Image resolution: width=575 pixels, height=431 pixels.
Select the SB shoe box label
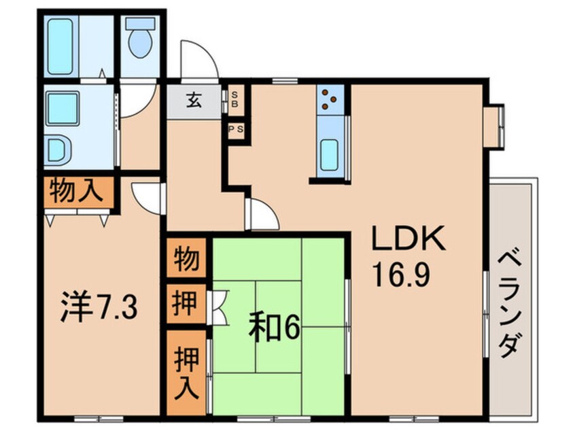point(234,99)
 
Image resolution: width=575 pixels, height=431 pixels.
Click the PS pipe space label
point(236,129)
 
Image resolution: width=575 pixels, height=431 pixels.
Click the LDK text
point(409,238)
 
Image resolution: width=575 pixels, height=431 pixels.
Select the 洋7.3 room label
point(99,308)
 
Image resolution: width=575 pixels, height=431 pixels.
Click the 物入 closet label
point(76,191)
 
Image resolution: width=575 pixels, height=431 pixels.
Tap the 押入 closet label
point(187,373)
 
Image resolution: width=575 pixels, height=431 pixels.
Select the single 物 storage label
point(186,258)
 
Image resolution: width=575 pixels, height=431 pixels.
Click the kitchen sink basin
point(330,155)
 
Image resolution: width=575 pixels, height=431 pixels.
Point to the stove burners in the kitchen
point(328,99)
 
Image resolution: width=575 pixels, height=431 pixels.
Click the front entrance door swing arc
point(205,52)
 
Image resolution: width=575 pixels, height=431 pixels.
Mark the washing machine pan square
point(63,109)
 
